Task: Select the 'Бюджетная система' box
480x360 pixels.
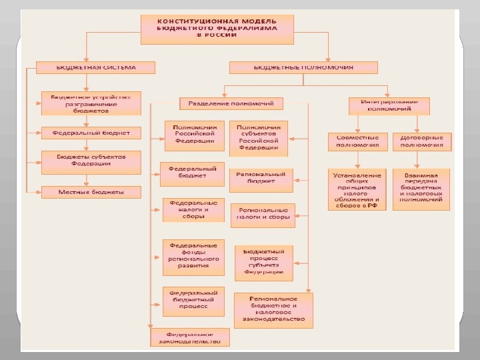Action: pos(95,67)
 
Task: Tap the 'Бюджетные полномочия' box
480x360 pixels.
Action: pos(303,67)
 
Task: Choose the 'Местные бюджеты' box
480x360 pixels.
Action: pos(91,192)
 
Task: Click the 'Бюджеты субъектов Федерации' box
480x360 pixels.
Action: pos(91,160)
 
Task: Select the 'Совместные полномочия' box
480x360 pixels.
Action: pos(357,141)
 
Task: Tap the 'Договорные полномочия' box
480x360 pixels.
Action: pos(421,141)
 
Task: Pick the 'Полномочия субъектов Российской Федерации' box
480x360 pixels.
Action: pos(258,137)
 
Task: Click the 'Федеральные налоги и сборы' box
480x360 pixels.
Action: pos(194,209)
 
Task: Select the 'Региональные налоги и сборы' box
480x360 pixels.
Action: pos(263,215)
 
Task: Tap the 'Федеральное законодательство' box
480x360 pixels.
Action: pos(190,337)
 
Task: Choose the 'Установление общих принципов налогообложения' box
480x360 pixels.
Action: pos(357,189)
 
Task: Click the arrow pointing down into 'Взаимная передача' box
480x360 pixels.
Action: pos(418,161)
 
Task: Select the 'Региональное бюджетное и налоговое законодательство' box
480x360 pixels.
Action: pos(274,309)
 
